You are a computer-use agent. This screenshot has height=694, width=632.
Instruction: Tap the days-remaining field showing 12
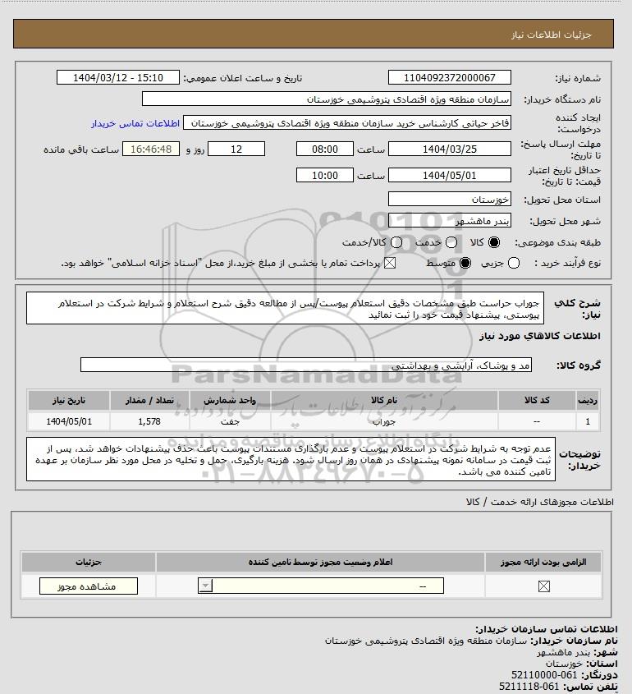[236, 149]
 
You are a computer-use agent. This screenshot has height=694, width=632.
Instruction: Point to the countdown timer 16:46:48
[149, 149]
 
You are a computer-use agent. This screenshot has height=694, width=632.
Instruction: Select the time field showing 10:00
[325, 175]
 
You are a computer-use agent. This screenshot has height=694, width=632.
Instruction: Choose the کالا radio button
[493, 243]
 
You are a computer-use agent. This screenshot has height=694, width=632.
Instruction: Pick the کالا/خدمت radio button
[397, 243]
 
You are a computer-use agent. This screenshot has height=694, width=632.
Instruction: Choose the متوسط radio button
[465, 263]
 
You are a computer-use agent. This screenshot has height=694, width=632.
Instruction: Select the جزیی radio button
[515, 263]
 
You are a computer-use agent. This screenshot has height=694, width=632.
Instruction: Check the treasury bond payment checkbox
[389, 263]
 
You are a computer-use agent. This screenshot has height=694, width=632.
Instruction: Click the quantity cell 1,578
[150, 421]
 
